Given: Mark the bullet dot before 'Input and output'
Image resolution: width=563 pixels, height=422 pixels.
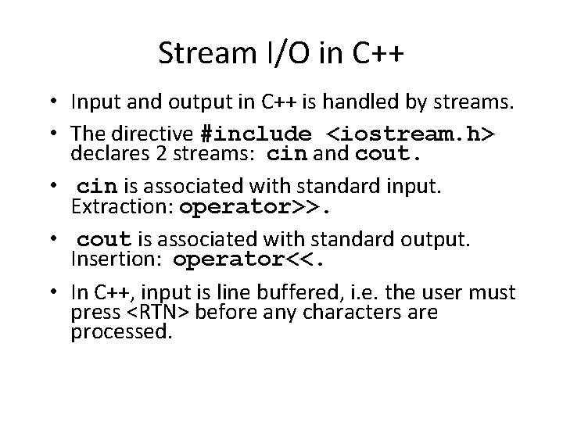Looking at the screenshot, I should coord(58,103).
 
